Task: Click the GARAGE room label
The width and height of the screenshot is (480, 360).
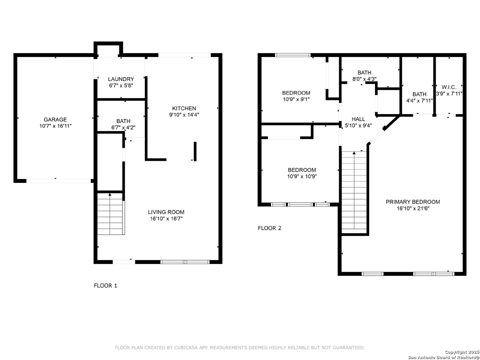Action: click(55, 120)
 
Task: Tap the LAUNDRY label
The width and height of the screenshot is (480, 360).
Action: click(121, 79)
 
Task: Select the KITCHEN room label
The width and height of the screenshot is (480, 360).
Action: click(184, 108)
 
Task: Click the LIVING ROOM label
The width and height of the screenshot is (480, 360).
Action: click(166, 212)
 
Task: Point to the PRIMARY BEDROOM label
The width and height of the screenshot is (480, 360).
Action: click(413, 202)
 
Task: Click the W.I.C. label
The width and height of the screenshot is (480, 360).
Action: click(449, 87)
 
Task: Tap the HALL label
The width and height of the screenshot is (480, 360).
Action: click(358, 119)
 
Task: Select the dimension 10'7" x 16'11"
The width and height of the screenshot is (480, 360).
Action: click(56, 126)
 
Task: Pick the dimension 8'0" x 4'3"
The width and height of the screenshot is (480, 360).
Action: click(364, 79)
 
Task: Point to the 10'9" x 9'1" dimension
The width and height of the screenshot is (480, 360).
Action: click(296, 99)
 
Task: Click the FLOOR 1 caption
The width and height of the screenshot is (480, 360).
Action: click(105, 285)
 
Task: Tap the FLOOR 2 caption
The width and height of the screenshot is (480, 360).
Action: click(270, 228)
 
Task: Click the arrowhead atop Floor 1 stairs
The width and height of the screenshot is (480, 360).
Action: click(110, 195)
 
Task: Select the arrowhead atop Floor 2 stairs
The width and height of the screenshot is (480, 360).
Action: click(354, 153)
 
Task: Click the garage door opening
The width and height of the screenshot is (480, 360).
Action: click(59, 181)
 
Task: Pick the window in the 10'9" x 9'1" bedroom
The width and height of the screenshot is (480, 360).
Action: click(293, 55)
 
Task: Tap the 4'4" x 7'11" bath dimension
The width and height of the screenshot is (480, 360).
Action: click(419, 101)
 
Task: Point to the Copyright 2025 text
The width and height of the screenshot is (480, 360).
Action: click(462, 352)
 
